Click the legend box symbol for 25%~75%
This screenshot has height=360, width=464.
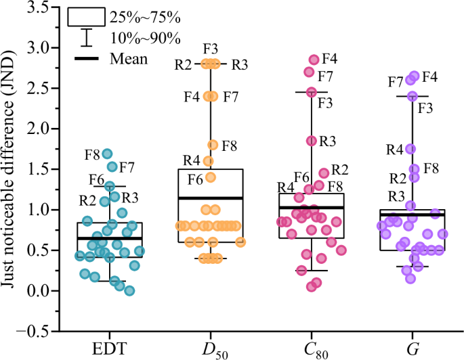point(86,16)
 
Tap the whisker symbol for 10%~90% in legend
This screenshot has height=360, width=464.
point(86,38)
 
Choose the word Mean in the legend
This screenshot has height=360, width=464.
point(129,59)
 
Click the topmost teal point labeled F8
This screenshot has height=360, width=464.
point(107,154)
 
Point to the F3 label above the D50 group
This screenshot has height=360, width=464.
point(211,48)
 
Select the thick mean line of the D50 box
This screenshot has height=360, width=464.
point(211,198)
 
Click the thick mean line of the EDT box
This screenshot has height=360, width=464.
point(109,238)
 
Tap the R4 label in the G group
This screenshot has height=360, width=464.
point(395,149)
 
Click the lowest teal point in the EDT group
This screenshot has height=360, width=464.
point(129,291)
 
